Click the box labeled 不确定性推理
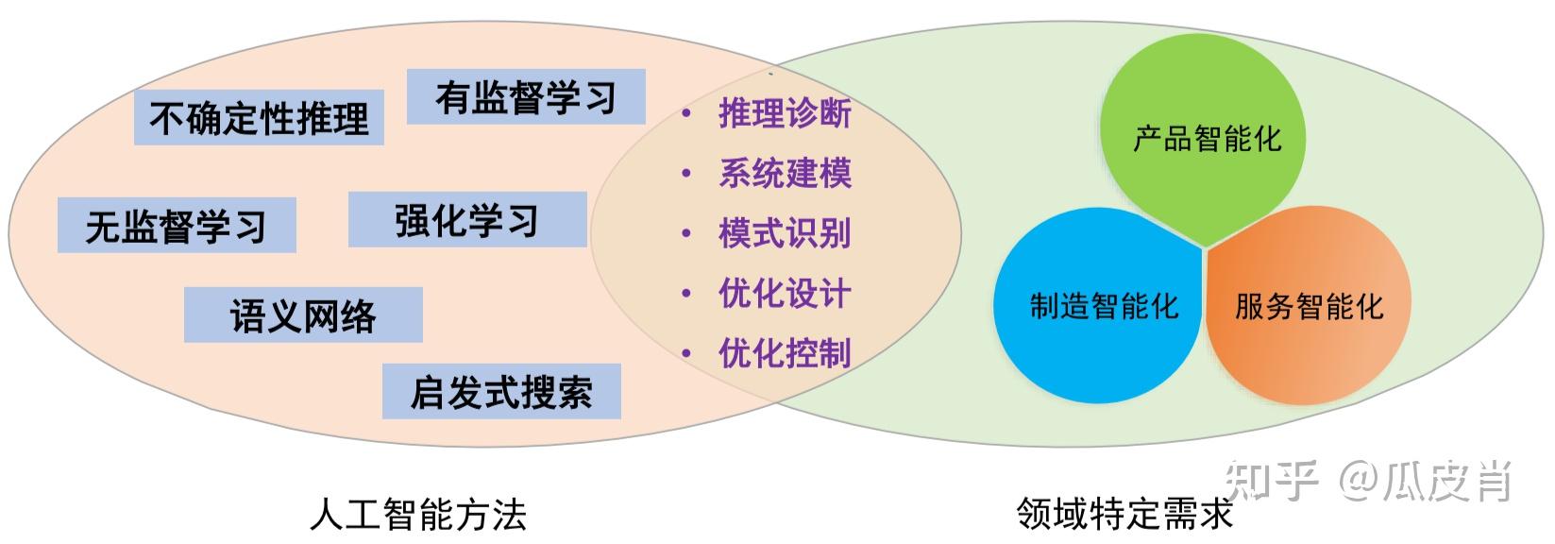coord(259,118)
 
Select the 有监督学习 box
coord(526,97)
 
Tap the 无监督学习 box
coord(177,226)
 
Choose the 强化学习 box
coord(467,220)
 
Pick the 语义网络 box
coord(303,315)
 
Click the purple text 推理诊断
coord(785,113)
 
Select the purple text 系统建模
coord(785,174)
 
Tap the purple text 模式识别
coord(785,233)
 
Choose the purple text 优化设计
coord(785,294)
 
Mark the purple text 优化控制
coord(785,353)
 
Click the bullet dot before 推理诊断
coord(686,114)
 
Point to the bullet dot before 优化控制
coord(686,354)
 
